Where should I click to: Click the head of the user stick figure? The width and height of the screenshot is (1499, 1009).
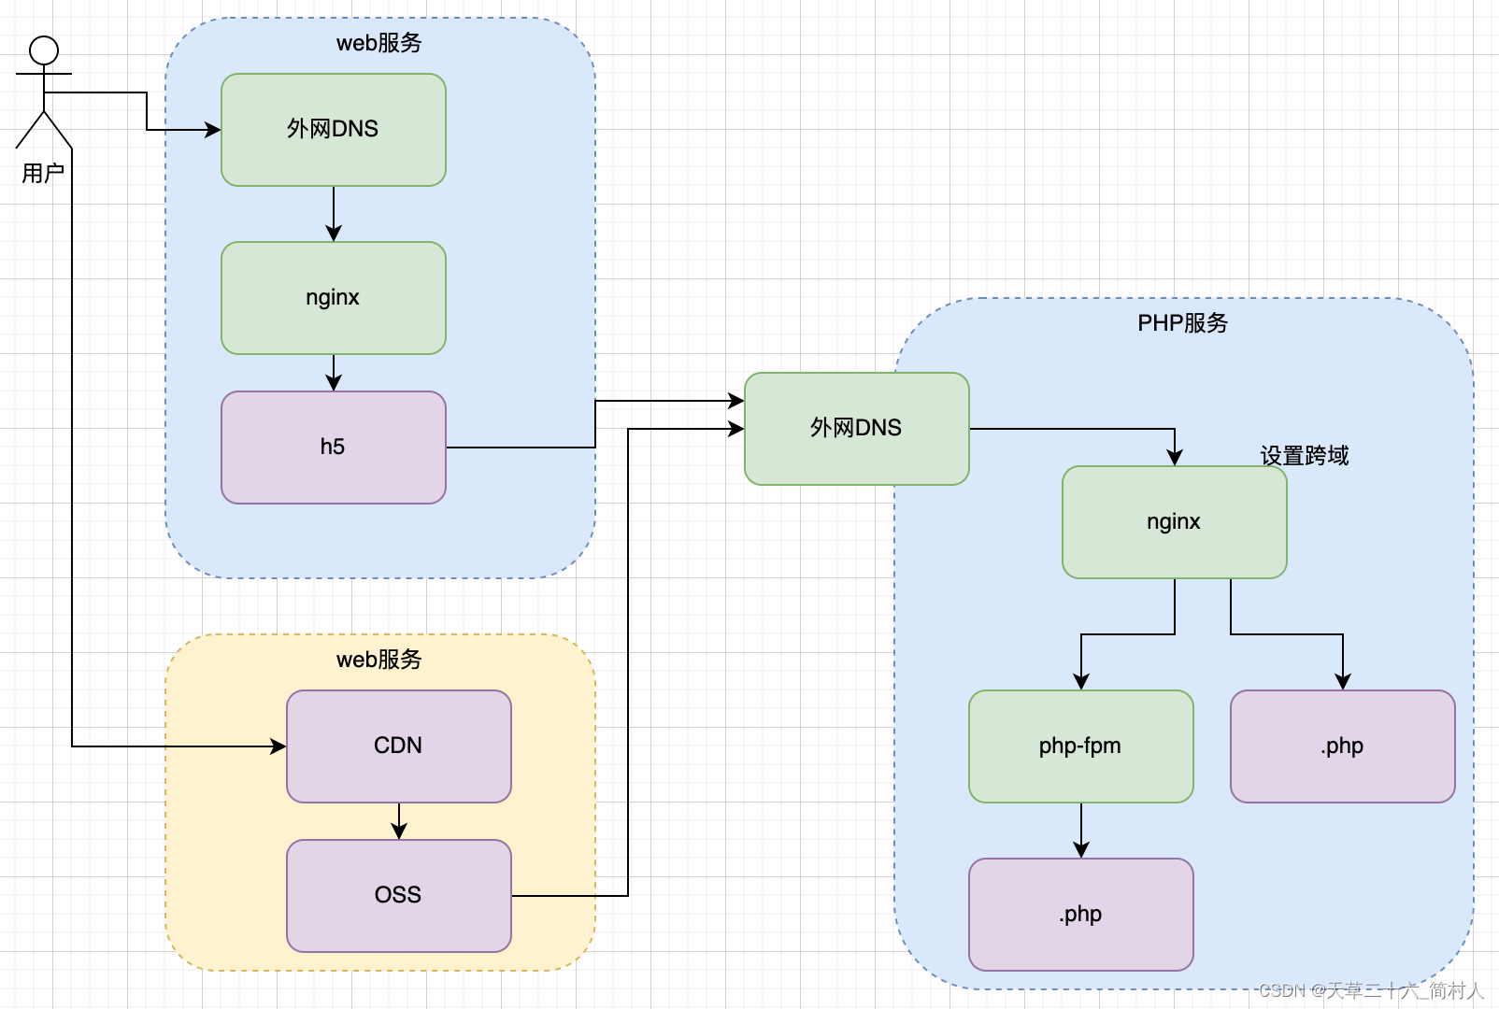point(44,50)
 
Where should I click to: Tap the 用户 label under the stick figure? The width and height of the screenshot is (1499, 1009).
point(43,173)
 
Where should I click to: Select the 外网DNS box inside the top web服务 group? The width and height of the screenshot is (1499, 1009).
point(333,130)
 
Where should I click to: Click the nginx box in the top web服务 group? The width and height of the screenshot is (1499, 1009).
point(333,298)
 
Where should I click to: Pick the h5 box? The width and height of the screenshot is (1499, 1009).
point(333,448)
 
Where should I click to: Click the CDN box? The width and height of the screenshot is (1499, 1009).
point(398,746)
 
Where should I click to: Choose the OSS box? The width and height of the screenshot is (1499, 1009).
point(398,896)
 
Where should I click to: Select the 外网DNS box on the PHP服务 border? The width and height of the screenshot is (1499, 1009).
point(856,429)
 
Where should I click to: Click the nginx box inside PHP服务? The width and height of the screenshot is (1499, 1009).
point(1174,522)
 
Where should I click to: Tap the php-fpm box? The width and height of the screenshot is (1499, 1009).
point(1080,746)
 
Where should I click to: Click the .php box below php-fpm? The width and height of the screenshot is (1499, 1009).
point(1080,915)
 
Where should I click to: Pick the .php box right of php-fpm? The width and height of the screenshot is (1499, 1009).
point(1342,746)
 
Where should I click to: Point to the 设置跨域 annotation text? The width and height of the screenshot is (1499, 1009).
point(1305,456)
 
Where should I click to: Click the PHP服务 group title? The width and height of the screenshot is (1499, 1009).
point(1182,323)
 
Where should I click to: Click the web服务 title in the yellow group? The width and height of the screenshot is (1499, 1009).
point(378,660)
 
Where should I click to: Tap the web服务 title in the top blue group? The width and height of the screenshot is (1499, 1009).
point(378,43)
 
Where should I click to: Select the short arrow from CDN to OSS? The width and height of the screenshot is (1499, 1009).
point(399,821)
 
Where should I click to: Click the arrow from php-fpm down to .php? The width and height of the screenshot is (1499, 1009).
point(1081,830)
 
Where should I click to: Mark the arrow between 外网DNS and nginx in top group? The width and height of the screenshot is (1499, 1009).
point(334,214)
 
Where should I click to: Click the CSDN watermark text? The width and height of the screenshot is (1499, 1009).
point(1370,990)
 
